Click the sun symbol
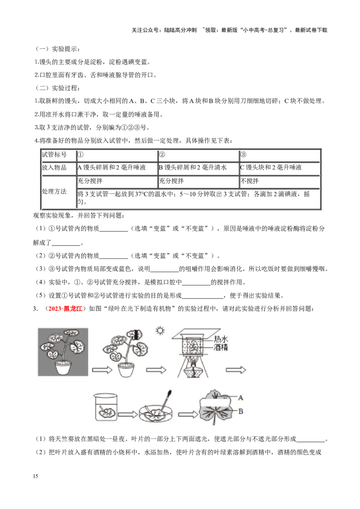(160, 331)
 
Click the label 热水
(221, 339)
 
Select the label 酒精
(221, 347)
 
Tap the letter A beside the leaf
(241, 397)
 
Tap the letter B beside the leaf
(241, 411)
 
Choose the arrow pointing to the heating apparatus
(156, 370)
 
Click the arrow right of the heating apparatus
(236, 370)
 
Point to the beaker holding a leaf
(106, 407)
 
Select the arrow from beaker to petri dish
(128, 414)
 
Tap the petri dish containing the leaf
(157, 414)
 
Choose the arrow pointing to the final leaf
(188, 414)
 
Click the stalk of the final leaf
(214, 421)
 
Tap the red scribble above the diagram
(65, 308)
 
